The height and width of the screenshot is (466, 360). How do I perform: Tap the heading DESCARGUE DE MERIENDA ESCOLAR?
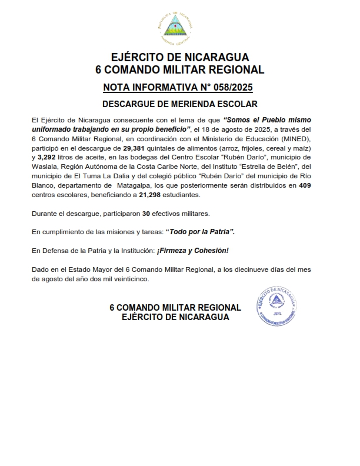[180, 105]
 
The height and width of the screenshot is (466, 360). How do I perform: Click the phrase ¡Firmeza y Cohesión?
[192, 250]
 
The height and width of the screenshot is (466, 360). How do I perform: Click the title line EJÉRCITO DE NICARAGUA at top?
[180, 58]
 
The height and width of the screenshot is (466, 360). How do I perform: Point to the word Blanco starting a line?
[44, 185]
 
